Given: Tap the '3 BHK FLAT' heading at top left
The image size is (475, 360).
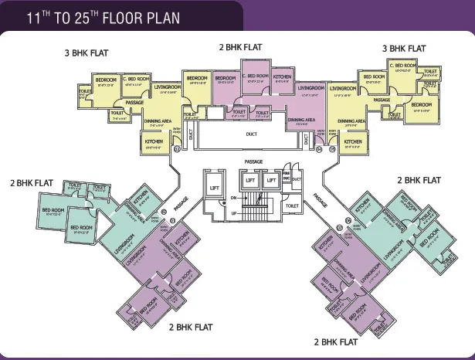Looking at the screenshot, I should pos(87,53).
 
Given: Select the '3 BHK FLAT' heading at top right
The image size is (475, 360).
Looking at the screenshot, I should pos(404,48).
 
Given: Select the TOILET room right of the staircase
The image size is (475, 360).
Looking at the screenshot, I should pos(292,205).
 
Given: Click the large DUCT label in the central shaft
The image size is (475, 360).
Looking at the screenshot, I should pos(251,134).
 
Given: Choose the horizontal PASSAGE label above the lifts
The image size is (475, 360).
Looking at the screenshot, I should pos(253,161).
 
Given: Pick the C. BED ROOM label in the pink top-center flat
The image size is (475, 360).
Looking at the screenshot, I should pos(256,76).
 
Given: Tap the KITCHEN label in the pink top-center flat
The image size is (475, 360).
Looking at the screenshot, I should pos(283,77).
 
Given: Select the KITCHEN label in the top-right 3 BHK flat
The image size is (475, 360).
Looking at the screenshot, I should pos(353,142).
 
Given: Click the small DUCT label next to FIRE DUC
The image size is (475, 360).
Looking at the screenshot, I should pos(297,178).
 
